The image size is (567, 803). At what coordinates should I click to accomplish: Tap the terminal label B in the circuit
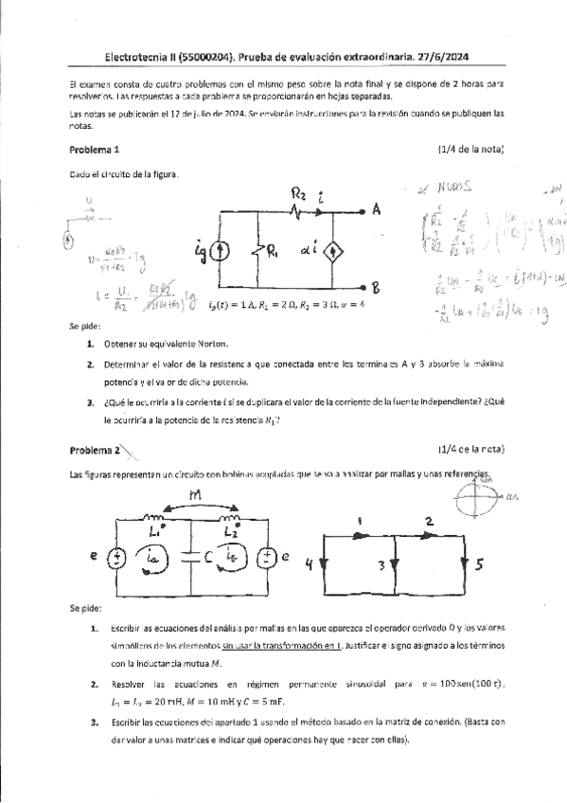click(x=376, y=287)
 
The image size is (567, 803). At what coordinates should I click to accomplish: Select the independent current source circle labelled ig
click(x=219, y=251)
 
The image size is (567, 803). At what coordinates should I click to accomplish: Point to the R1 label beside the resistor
click(x=273, y=251)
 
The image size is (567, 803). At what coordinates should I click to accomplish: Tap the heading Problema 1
click(x=95, y=150)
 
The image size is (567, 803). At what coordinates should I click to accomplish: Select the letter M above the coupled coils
click(x=197, y=495)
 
